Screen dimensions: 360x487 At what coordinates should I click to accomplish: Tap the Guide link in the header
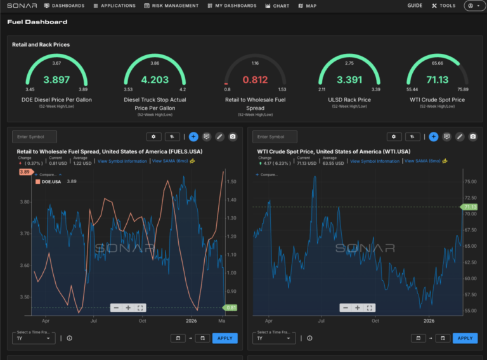pyautogui.click(x=415, y=6)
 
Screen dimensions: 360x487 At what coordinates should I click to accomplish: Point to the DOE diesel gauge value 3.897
pyautogui.click(x=56, y=80)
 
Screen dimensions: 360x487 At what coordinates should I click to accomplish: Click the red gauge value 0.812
pyautogui.click(x=255, y=80)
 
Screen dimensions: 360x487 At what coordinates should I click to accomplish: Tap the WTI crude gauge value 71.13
pyautogui.click(x=438, y=80)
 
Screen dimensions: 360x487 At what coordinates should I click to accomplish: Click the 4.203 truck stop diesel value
pyautogui.click(x=155, y=80)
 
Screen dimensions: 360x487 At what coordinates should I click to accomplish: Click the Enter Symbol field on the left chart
pyautogui.click(x=35, y=137)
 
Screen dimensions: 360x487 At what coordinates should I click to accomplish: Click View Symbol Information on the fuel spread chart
pyautogui.click(x=122, y=161)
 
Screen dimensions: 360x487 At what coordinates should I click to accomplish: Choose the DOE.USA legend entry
pyautogui.click(x=51, y=181)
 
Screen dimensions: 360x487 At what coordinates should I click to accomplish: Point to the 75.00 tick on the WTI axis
pyautogui.click(x=470, y=181)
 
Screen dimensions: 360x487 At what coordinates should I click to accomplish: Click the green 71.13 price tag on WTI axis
pyautogui.click(x=470, y=207)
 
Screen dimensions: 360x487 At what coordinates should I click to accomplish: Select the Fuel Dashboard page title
pyautogui.click(x=37, y=22)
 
